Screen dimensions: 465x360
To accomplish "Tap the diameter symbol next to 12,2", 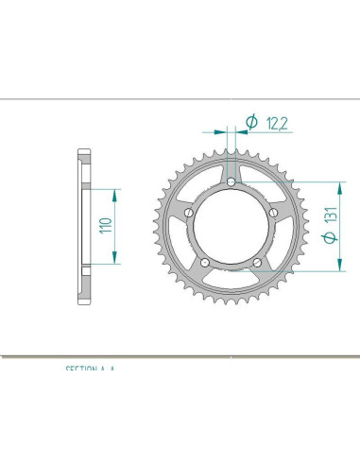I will point(251,121).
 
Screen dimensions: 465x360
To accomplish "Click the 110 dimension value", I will point(106,226).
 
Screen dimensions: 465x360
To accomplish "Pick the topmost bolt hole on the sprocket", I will point(231,182).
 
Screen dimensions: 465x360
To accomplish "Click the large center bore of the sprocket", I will point(231,228).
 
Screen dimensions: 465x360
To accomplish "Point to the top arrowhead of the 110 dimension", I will point(115,193).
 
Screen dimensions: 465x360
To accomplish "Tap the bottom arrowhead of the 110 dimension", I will point(115,260).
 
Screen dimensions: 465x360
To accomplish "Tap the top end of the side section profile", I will point(82,151).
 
